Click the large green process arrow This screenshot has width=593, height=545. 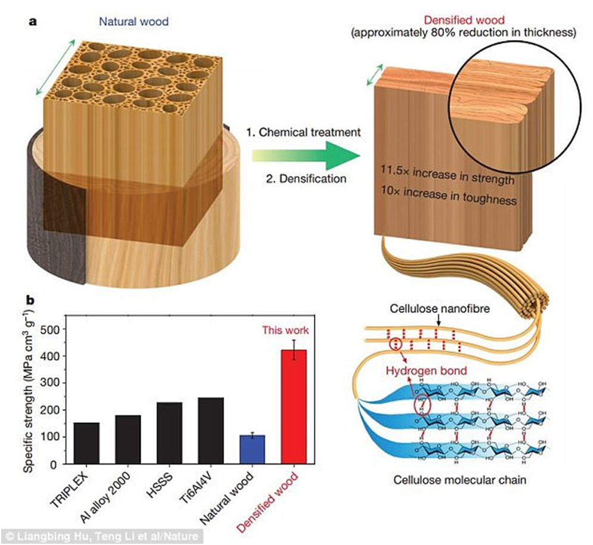coord(307,155)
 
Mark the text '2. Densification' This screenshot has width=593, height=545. coord(302,178)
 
